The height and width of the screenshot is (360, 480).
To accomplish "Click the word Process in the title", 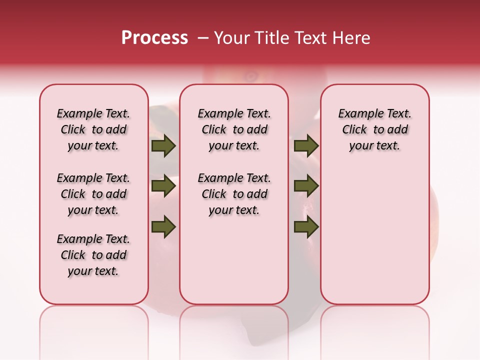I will click(x=154, y=38).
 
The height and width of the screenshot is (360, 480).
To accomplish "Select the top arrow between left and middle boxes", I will click(x=163, y=146).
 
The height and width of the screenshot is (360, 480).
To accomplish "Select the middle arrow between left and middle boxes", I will click(x=163, y=186).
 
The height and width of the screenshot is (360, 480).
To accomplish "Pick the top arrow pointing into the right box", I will click(x=306, y=146).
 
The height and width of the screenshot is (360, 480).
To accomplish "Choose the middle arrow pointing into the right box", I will click(x=306, y=186).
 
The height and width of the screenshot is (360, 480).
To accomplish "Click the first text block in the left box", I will click(x=93, y=130).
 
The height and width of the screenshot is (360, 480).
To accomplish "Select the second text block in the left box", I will click(x=93, y=194).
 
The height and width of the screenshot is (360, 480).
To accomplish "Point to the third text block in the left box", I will click(x=93, y=255).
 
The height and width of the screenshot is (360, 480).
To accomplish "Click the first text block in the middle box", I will click(x=234, y=130).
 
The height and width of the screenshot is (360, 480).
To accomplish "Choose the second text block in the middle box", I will click(x=234, y=194).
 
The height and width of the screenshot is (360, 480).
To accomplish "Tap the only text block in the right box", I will click(x=374, y=130).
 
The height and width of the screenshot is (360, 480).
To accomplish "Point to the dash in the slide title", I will click(x=203, y=38).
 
